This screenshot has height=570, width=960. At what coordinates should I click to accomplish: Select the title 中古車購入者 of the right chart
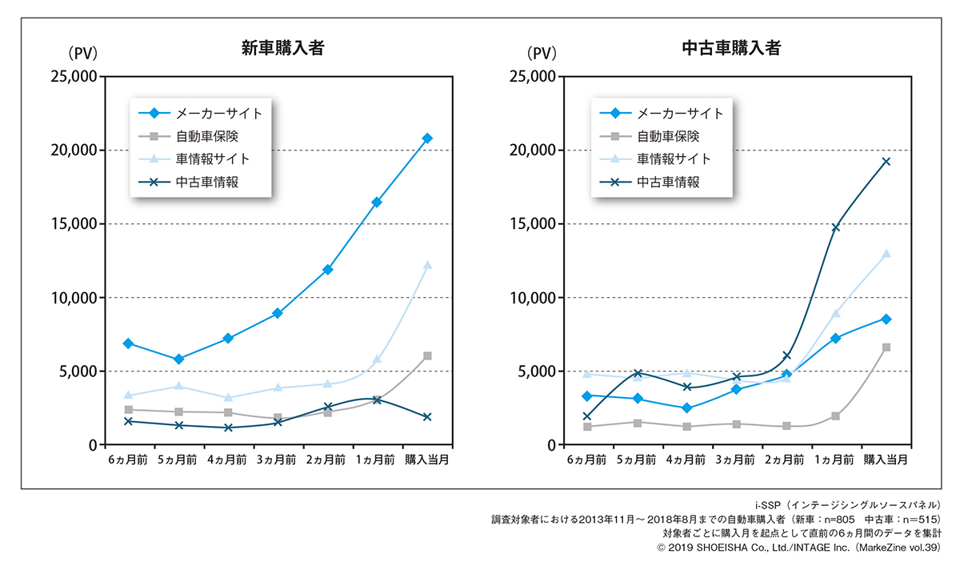pyautogui.click(x=731, y=48)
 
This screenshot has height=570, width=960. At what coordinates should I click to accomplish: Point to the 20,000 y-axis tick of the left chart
pyautogui.click(x=74, y=151)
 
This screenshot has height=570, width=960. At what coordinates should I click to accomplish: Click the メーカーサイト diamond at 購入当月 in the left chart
pyautogui.click(x=427, y=138)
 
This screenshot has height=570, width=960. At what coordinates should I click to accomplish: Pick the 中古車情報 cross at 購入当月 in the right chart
pyautogui.click(x=886, y=162)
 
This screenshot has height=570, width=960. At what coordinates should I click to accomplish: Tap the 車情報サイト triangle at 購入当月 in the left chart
pyautogui.click(x=427, y=265)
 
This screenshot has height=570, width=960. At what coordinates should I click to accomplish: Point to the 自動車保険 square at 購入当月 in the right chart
pyautogui.click(x=886, y=347)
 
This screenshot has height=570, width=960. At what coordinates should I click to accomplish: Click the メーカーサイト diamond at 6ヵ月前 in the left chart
pyautogui.click(x=128, y=343)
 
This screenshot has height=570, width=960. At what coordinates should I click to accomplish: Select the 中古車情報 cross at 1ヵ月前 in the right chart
pyautogui.click(x=836, y=227)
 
